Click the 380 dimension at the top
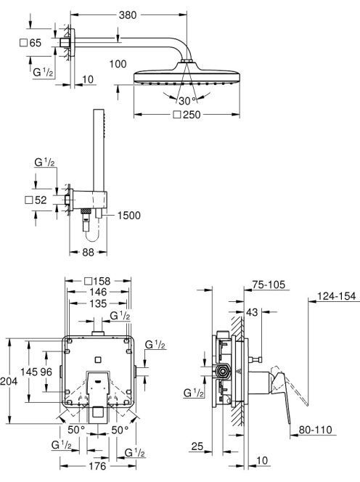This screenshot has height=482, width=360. point(128,15)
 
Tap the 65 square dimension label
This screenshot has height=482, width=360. point(30,43)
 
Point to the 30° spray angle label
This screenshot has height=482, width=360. point(187,100)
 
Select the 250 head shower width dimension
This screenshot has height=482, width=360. point(187,115)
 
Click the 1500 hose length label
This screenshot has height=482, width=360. point(128,216)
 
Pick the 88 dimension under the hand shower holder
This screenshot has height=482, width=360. point(88,253)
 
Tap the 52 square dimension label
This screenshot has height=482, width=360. point(36,200)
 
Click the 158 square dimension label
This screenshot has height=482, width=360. point(97,281)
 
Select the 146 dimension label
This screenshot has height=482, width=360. point(98,292)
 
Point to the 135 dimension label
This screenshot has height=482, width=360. point(98,303)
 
